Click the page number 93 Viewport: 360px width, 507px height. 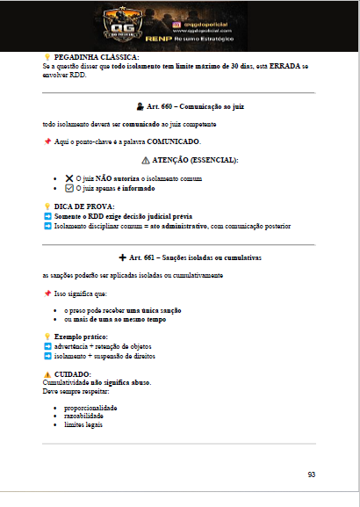[x=312, y=474]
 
